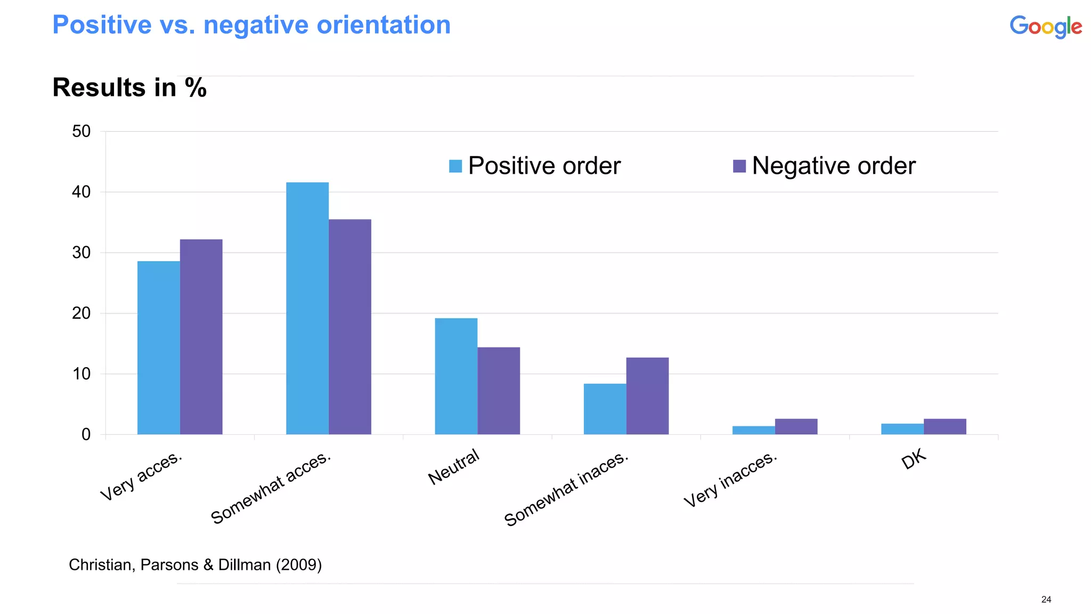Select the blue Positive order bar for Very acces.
coord(158,348)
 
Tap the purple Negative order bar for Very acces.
coord(201,337)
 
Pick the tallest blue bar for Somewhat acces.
coord(307,308)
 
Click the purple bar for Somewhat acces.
coord(349,327)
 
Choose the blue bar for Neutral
coord(455,376)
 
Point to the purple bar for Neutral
coord(498,391)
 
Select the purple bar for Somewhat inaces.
coord(647,395)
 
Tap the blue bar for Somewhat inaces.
coord(605,409)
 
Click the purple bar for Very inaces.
coord(796,426)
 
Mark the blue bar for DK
coord(902,429)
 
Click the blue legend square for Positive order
coord(455,166)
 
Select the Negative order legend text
coord(833,166)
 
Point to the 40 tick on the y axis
coord(82,192)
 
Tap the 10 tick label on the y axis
coord(82,374)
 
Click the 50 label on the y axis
coord(82,131)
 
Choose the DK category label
coord(914,458)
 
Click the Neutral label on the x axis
coord(454,467)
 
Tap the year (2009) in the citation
coord(298,564)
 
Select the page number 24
coord(1046,600)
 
